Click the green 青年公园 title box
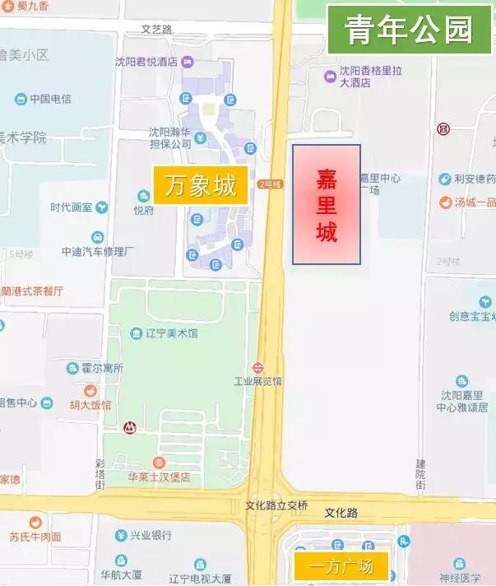click(409, 30)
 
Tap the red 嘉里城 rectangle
click(327, 204)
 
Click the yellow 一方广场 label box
click(341, 566)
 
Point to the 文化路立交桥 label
click(276, 505)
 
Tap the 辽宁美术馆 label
click(172, 333)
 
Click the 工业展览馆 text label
click(257, 381)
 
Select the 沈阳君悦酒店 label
click(151, 62)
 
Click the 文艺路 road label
click(156, 29)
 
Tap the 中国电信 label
click(50, 99)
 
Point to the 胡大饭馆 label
click(90, 404)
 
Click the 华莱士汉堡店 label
click(159, 477)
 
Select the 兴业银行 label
click(149, 536)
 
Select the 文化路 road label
click(341, 512)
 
